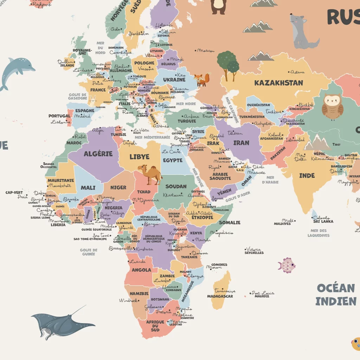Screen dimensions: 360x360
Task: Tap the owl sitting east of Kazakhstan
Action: pos(332,107)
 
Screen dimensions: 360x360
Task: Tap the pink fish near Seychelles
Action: pos(287,265)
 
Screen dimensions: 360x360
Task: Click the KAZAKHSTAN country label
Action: pos(278,83)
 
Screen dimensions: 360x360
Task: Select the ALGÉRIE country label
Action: pos(98,154)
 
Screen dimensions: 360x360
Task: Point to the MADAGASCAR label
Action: pos(220,296)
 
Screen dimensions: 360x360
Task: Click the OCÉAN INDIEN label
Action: pos(336,295)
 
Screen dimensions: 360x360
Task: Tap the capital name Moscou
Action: pos(206,51)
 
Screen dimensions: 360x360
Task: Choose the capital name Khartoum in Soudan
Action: pos(173,195)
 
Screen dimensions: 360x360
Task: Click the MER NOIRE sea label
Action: pos(186,104)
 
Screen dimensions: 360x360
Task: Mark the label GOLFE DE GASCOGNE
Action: pos(77,96)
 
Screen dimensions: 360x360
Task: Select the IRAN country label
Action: pos(241,143)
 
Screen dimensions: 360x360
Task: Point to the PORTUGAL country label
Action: pos(59,116)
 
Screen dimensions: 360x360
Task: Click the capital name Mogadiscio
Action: pos(222,232)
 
